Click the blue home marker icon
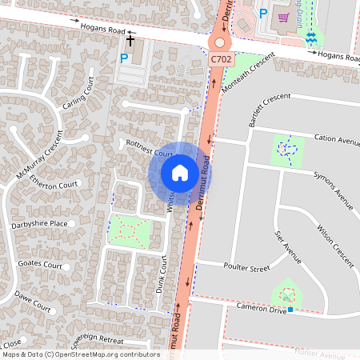[x=180, y=173]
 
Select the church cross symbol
[x=130, y=39]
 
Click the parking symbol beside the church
[x=123, y=58]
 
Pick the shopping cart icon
[x=283, y=17]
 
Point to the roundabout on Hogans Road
[x=220, y=42]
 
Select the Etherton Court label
[x=53, y=184]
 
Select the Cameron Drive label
[x=263, y=308]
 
